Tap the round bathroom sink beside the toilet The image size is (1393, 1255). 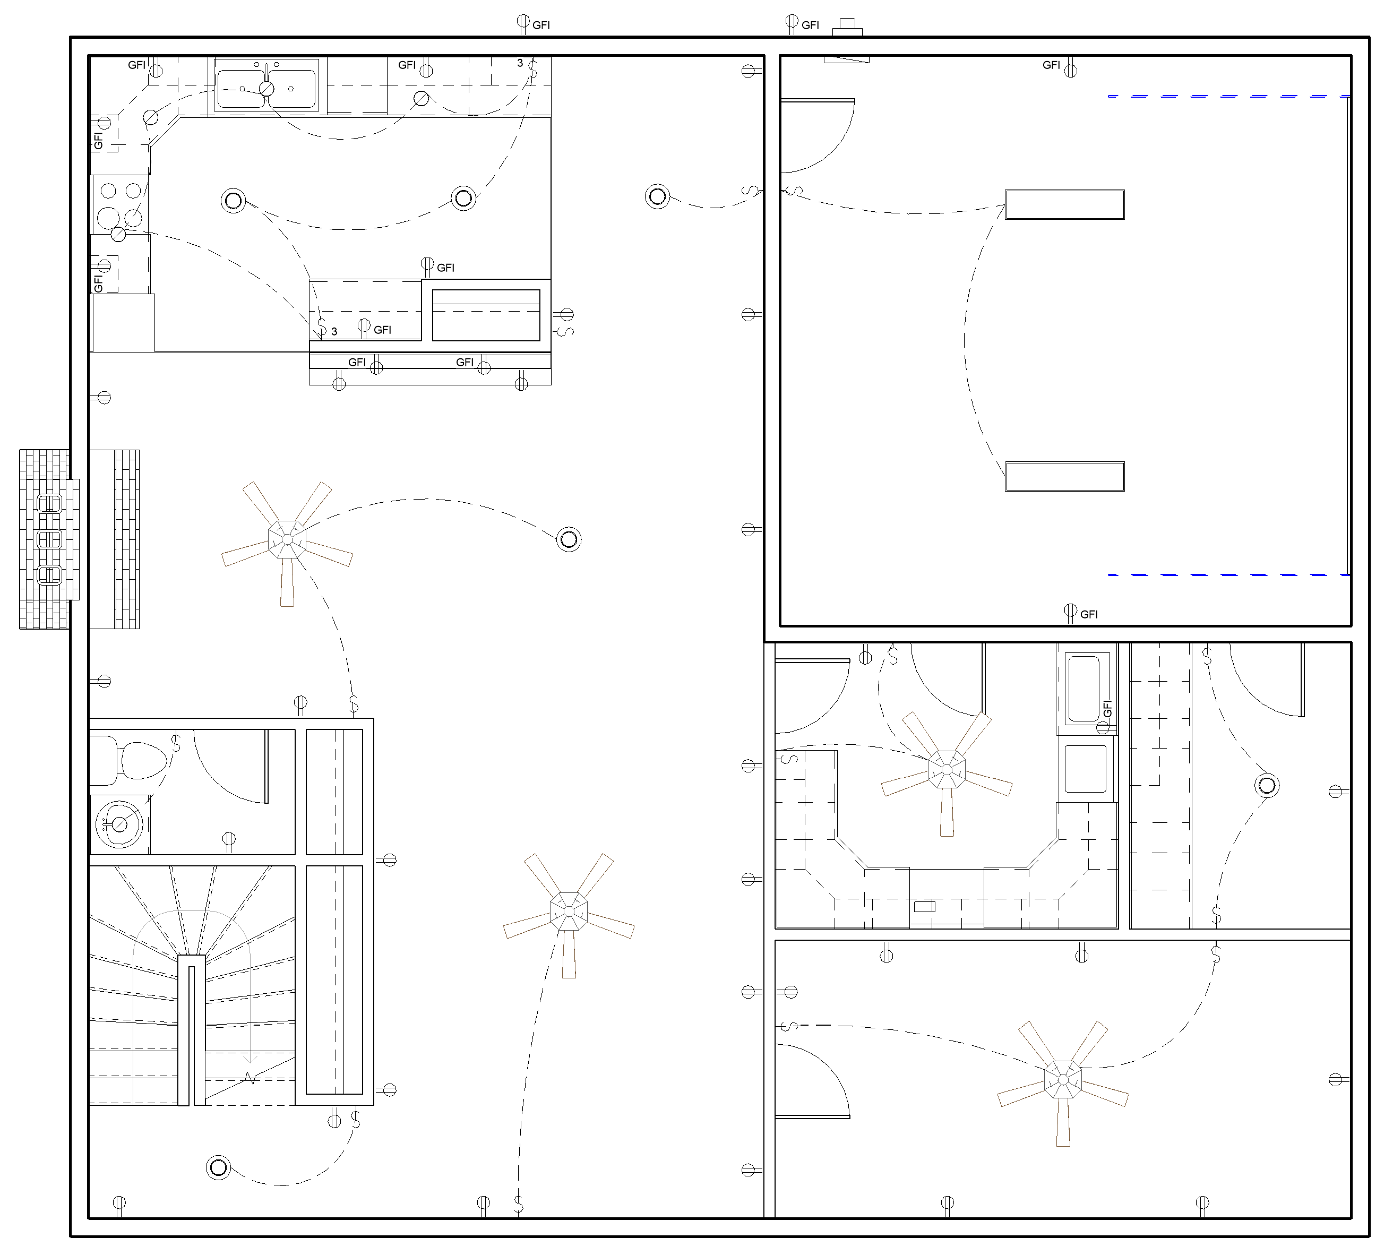[x=119, y=824]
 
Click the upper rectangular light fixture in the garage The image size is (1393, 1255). [x=1065, y=205]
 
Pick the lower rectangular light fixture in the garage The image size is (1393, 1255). [x=1065, y=477]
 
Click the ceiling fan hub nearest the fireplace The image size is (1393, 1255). [x=287, y=539]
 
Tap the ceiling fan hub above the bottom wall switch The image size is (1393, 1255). [x=569, y=911]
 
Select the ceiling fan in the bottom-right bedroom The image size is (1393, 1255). [x=1063, y=1080]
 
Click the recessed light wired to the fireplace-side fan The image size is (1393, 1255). [x=569, y=539]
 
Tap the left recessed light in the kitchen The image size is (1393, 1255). [x=234, y=201]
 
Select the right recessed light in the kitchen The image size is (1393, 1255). [x=463, y=199]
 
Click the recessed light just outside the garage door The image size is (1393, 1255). [x=658, y=196]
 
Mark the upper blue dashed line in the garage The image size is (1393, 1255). [x=1229, y=97]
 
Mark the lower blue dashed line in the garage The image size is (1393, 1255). [x=1229, y=574]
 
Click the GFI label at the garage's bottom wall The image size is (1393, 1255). [x=1089, y=614]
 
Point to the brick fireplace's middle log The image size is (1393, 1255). [x=49, y=539]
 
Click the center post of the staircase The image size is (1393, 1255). [x=192, y=1030]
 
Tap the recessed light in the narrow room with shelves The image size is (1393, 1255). [x=1267, y=785]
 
